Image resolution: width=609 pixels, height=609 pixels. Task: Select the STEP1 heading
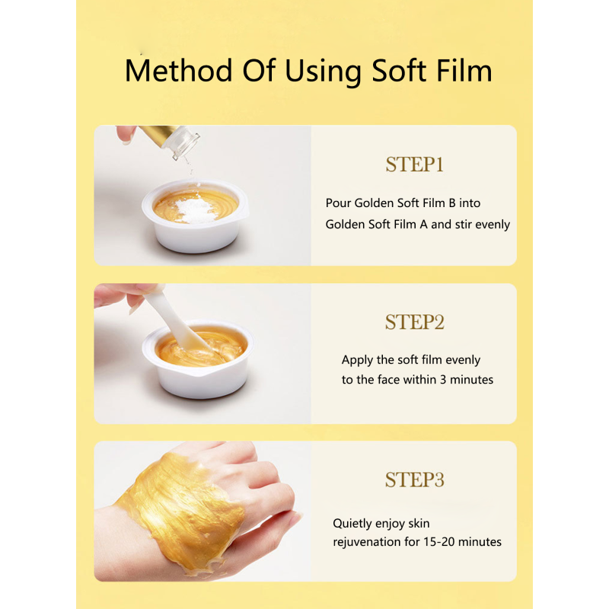pos(415,165)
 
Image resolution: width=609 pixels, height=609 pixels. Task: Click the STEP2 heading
pos(415,322)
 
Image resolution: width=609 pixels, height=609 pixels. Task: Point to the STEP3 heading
pos(415,480)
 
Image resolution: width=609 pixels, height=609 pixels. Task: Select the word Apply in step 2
pos(358,360)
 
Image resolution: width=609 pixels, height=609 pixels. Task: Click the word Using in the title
pos(324,71)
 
